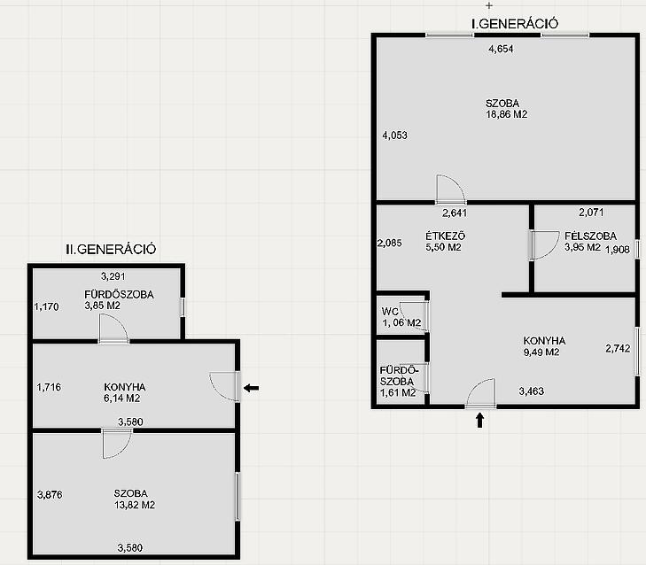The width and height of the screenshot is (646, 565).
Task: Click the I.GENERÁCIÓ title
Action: coord(515,24)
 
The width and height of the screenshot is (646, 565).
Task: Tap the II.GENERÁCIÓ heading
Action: coord(111,249)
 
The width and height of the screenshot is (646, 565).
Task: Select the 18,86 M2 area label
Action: coord(506,114)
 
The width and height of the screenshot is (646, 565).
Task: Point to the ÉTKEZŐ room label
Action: coord(446,236)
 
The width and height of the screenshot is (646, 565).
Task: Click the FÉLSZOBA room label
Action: coord(590,236)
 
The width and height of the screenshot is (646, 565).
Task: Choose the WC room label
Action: coord(390,312)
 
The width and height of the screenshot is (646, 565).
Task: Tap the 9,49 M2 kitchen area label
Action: coord(541,352)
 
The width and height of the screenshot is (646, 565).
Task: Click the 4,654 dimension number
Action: coord(501,49)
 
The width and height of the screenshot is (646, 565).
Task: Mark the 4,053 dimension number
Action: coord(394,135)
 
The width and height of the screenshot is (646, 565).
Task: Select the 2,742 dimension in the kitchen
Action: coord(618,348)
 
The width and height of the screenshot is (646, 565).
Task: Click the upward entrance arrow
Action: coord(479,421)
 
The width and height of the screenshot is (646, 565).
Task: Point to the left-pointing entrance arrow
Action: coord(251,388)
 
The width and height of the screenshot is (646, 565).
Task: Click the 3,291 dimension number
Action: coord(113,276)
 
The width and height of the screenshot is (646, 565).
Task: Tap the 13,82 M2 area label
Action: coord(135,505)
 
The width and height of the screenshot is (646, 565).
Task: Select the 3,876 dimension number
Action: coord(50,494)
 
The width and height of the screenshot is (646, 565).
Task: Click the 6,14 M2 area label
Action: coord(122,399)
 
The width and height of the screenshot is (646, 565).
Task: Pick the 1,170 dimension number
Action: coord(46,306)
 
